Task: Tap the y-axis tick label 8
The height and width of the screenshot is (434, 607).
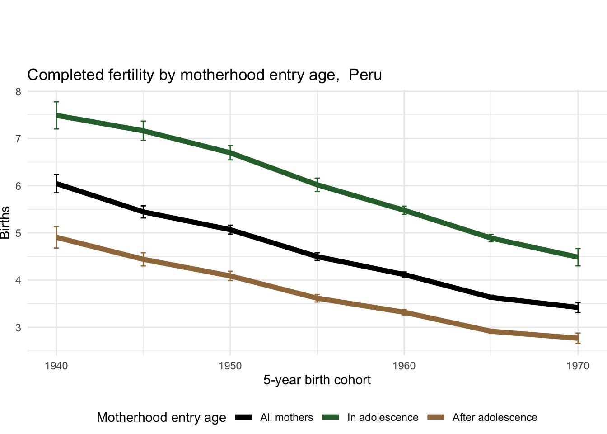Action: pos(18,92)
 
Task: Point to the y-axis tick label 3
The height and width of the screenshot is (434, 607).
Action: pos(18,327)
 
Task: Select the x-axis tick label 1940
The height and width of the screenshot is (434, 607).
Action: pos(56,366)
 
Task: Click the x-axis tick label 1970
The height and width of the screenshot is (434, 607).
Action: pos(578,366)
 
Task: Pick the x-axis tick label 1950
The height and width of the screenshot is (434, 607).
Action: pos(230,366)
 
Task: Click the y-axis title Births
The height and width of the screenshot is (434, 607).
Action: pos(5,223)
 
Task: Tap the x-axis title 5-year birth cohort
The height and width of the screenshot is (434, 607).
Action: pos(317,380)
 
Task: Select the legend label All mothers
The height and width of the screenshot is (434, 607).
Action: pos(286,418)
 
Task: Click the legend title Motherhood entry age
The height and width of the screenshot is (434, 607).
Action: pos(161,418)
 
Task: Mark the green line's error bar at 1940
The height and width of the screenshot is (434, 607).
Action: pos(56,115)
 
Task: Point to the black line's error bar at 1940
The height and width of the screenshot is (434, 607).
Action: pos(56,184)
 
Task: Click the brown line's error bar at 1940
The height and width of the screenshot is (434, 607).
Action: pos(56,237)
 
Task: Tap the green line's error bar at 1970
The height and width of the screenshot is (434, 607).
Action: pos(578,257)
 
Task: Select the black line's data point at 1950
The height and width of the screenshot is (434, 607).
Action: pos(230,230)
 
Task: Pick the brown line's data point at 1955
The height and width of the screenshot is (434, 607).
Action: pos(317,298)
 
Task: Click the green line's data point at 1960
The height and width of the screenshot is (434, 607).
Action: pos(404,210)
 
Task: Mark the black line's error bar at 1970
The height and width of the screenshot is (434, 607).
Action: pos(578,307)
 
